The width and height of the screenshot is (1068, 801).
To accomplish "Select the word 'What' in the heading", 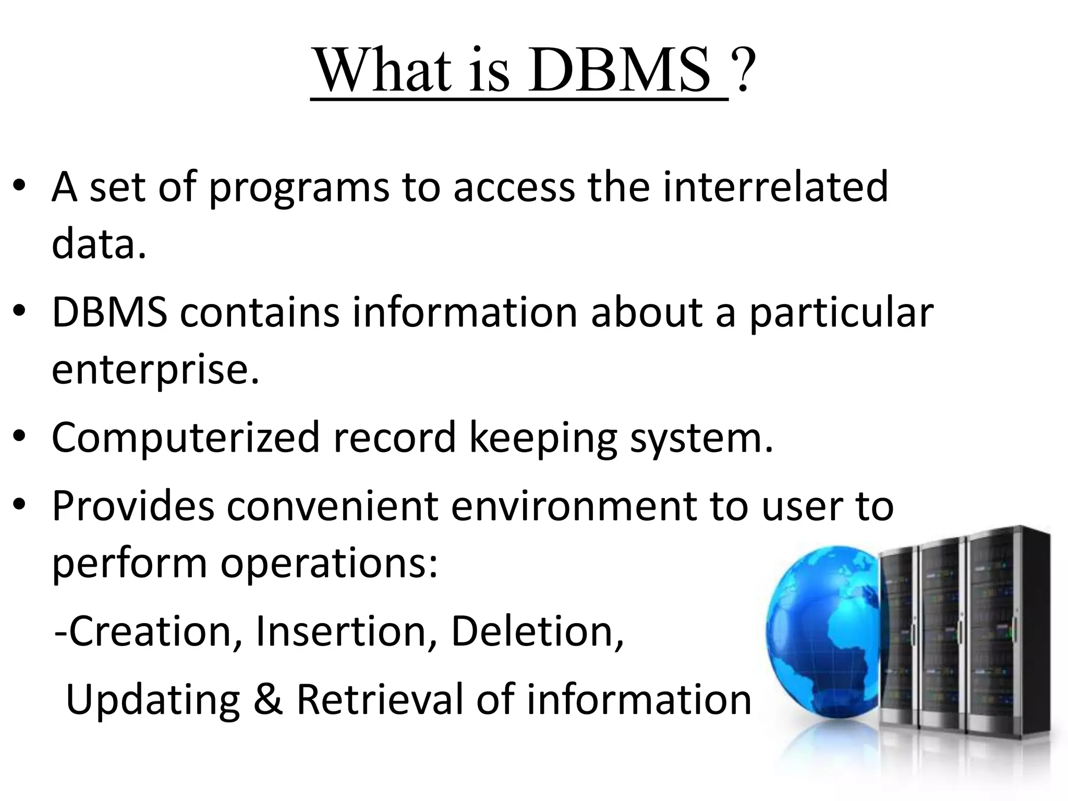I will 383,71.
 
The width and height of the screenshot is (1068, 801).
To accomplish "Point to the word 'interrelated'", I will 775,187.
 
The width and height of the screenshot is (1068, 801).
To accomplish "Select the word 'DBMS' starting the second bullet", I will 110,312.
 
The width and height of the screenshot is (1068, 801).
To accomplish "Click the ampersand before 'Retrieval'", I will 269,699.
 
